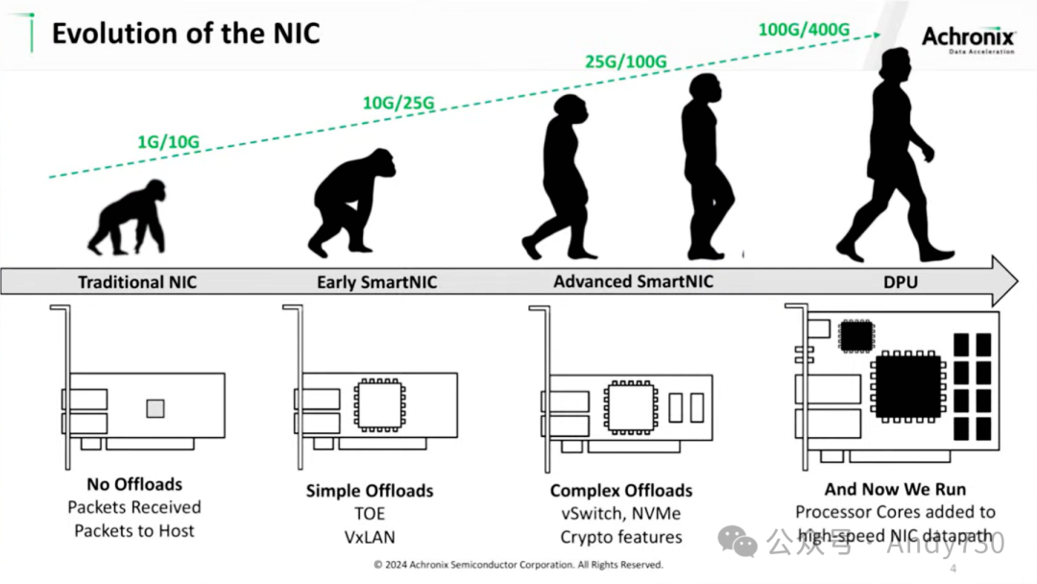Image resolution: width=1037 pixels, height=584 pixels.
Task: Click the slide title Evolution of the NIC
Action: click(x=185, y=34)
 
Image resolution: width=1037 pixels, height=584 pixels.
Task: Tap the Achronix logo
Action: click(x=968, y=37)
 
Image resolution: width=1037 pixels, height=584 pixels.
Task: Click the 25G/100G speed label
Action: click(x=626, y=61)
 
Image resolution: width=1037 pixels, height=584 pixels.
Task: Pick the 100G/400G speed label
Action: click(x=804, y=29)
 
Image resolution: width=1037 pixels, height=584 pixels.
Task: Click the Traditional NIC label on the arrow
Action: click(x=138, y=282)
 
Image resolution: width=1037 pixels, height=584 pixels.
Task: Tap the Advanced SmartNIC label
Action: click(x=633, y=281)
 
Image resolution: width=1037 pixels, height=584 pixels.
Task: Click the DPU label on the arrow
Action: click(x=902, y=282)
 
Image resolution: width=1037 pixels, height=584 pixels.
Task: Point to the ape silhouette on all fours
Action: click(x=126, y=218)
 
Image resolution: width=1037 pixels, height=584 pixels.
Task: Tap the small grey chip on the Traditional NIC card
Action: click(x=155, y=408)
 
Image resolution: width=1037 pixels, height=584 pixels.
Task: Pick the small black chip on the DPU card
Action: click(x=856, y=335)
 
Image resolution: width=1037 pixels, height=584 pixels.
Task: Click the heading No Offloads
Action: click(x=134, y=484)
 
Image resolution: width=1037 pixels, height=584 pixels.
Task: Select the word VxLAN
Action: click(x=370, y=537)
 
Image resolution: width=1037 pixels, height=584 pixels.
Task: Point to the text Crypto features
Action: click(x=621, y=537)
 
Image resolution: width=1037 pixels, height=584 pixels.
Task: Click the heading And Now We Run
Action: click(x=895, y=489)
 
